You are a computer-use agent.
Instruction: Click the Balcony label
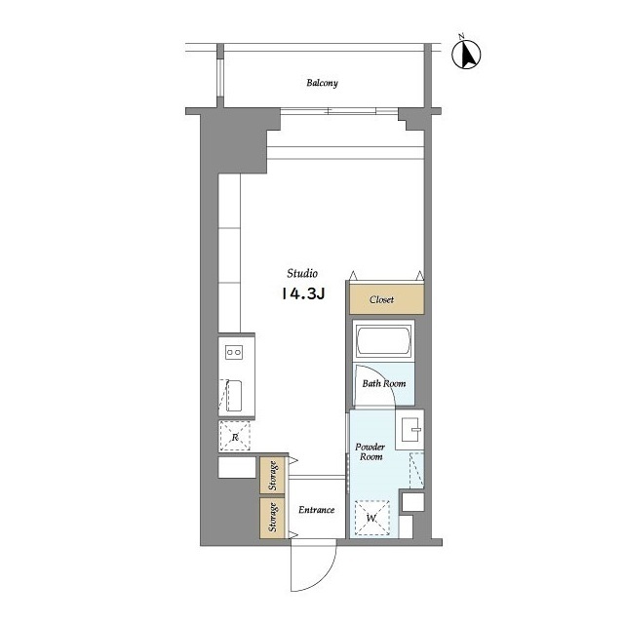322,83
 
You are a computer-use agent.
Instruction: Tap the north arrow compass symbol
466,55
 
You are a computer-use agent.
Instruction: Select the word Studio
302,273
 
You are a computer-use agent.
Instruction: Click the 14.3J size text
303,293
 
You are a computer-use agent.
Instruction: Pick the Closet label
381,299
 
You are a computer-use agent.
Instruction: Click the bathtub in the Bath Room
383,341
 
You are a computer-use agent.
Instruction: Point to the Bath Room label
384,383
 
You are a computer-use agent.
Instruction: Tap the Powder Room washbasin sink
409,430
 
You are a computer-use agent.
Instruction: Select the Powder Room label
370,451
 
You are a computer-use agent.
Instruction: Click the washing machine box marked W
371,518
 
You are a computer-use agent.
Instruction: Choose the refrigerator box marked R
235,437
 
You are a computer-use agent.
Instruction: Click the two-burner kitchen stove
234,352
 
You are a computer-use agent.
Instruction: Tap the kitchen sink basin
234,396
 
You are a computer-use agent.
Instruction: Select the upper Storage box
272,475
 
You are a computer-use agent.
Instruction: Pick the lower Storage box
272,518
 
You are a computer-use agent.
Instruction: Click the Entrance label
316,510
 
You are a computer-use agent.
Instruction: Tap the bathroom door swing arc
385,378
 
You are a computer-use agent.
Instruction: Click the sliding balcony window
339,111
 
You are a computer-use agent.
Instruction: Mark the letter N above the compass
461,37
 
